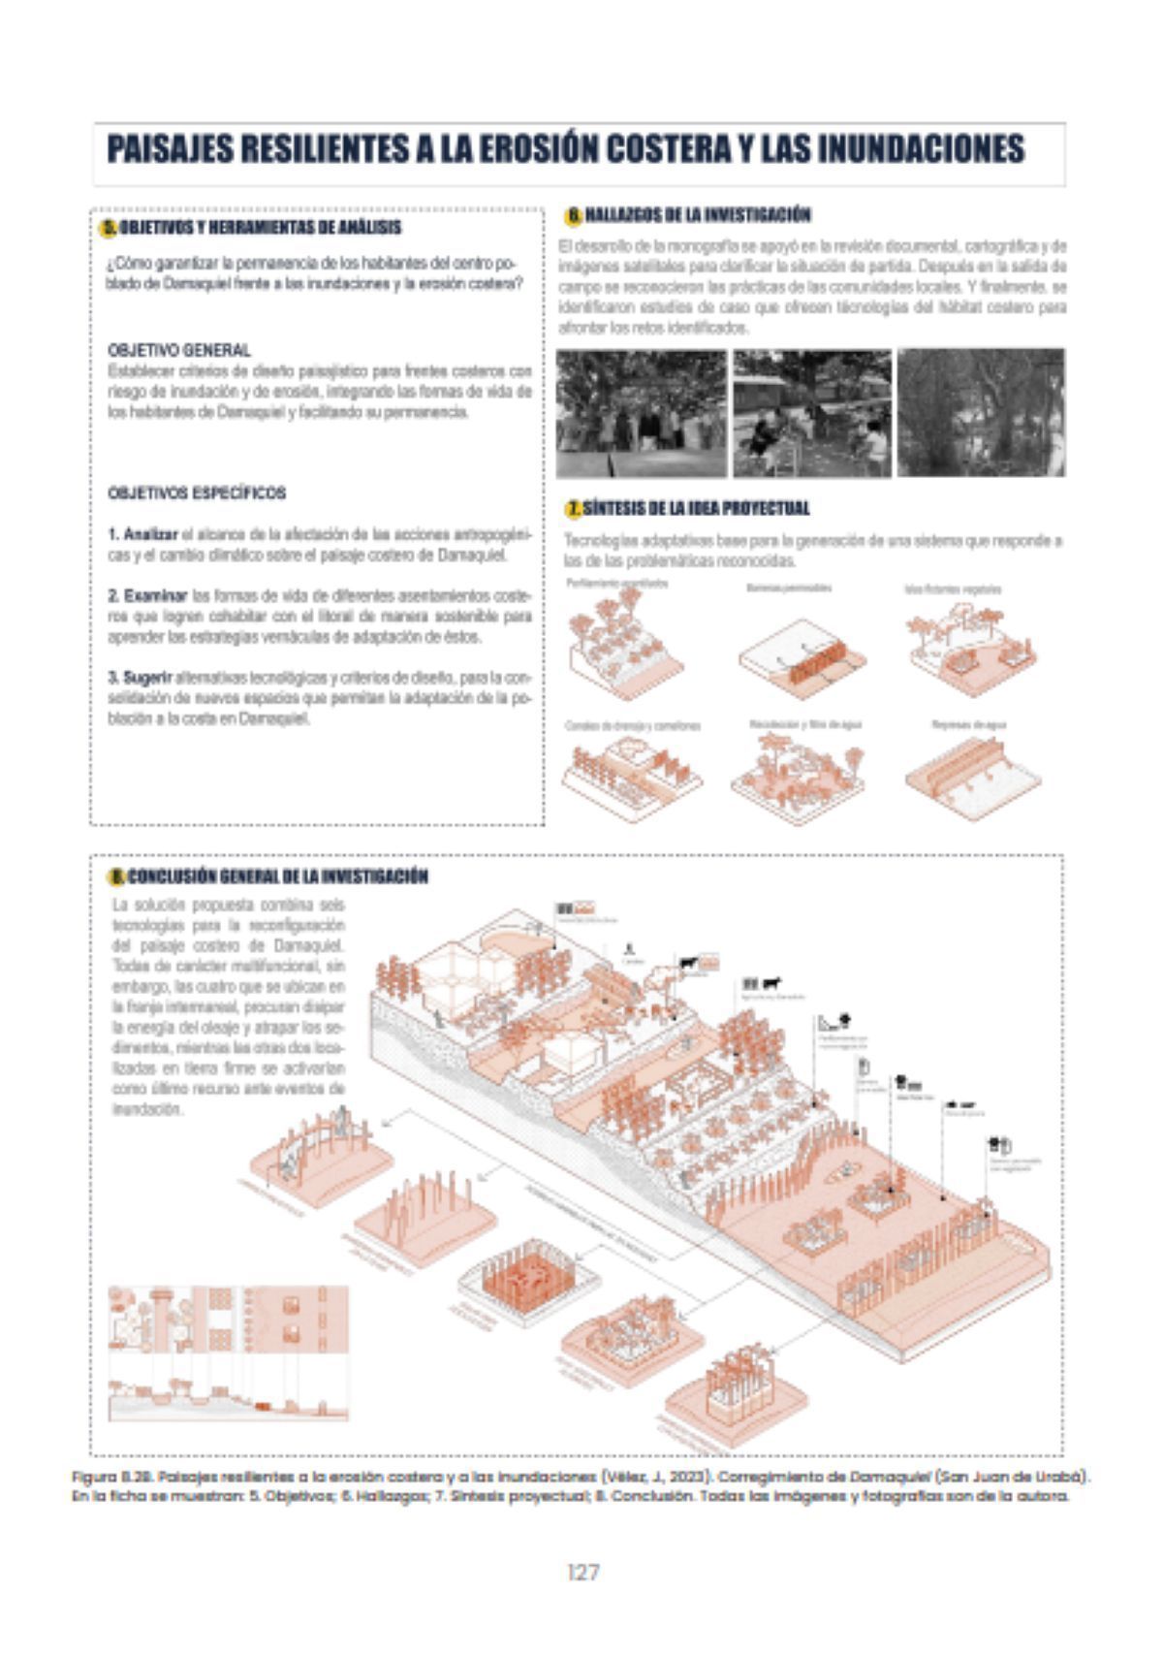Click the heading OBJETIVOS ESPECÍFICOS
pyautogui.click(x=197, y=493)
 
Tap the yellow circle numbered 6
pyautogui.click(x=574, y=214)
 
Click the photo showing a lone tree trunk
pyautogui.click(x=980, y=413)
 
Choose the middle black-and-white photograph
pyautogui.click(x=811, y=413)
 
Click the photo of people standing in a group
pyautogui.click(x=642, y=413)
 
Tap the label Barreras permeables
pyautogui.click(x=787, y=588)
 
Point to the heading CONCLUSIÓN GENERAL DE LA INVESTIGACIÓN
pyautogui.click(x=277, y=876)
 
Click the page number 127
pyautogui.click(x=581, y=1572)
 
